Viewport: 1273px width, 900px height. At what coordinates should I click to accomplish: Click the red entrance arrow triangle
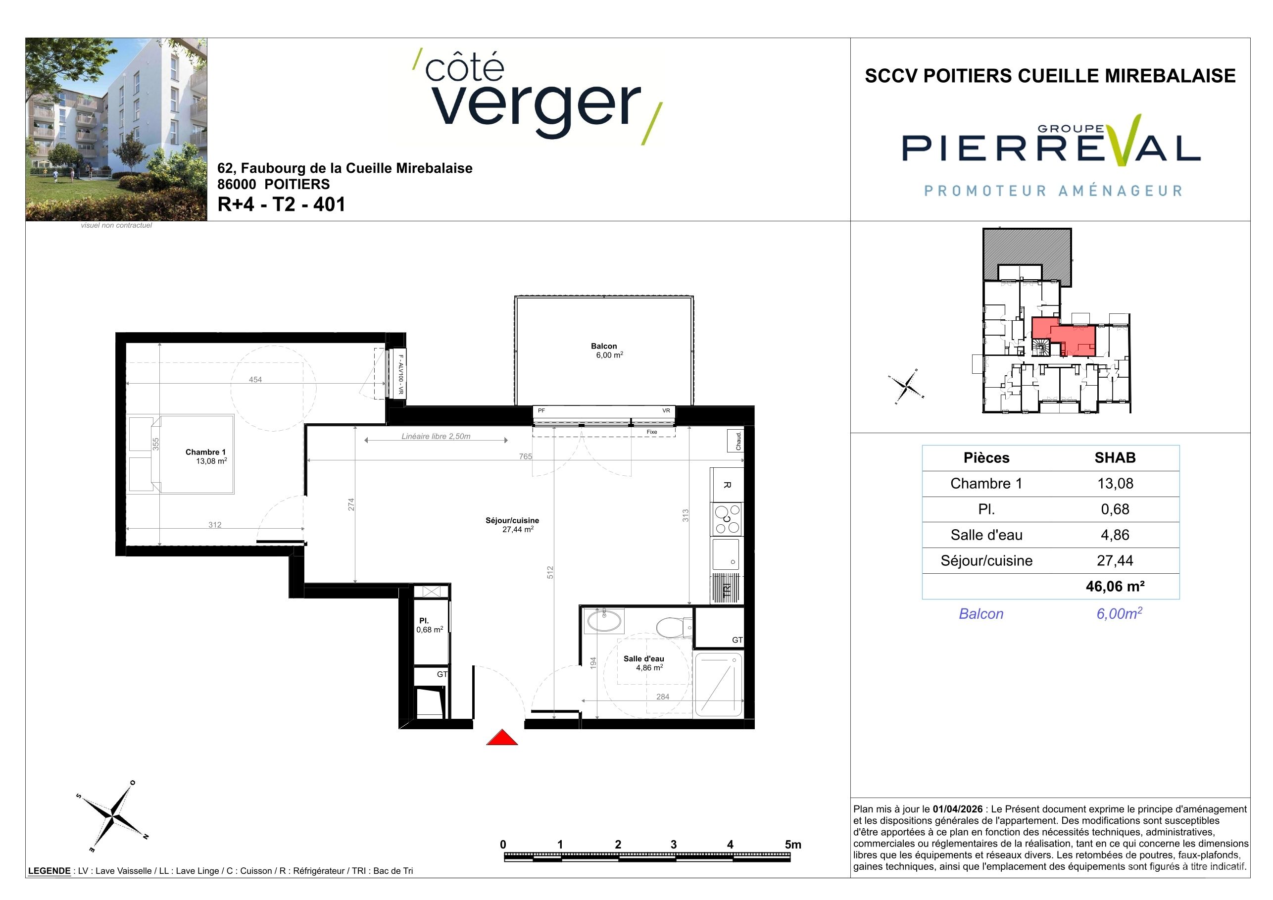coord(502,738)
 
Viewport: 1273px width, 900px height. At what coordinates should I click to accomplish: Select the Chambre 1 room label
coord(206,456)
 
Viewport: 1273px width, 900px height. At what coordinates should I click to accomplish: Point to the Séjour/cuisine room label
coord(512,525)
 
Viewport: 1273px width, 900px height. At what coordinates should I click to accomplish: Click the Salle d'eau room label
coord(644,663)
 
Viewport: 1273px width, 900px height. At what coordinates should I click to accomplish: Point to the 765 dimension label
coord(525,456)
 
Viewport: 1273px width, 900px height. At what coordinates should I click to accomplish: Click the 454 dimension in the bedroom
coord(255,380)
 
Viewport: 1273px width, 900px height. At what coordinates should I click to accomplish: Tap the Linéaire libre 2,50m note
coord(436,437)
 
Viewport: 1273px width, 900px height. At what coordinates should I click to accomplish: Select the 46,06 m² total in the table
coord(1115,586)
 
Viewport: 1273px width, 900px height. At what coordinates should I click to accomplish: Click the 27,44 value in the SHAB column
coord(1115,560)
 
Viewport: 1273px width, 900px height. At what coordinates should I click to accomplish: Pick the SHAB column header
coord(1115,457)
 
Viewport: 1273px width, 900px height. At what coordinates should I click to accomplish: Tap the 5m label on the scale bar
coord(793,845)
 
